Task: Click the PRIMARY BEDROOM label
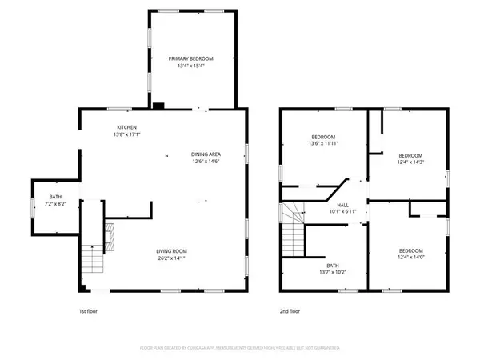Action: click(x=191, y=59)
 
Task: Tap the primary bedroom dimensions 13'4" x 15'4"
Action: click(x=191, y=66)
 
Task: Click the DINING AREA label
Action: click(x=206, y=154)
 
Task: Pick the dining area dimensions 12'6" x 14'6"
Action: click(x=206, y=161)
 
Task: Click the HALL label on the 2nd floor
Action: click(x=342, y=205)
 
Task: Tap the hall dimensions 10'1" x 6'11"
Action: click(x=342, y=212)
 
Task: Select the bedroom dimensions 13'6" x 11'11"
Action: click(x=323, y=144)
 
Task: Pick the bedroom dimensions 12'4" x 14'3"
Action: click(x=410, y=162)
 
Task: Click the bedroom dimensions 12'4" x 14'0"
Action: click(x=410, y=256)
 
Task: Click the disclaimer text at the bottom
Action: click(x=240, y=349)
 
